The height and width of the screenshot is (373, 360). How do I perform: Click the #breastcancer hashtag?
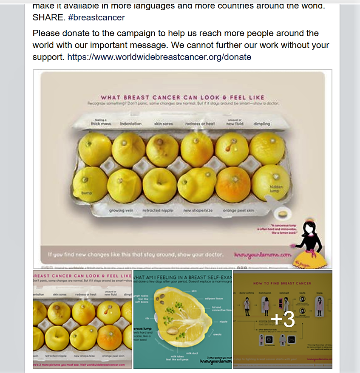click(96, 18)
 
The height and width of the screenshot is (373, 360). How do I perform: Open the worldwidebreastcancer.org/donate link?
click(159, 57)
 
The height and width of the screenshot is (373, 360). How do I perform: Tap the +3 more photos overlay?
click(283, 319)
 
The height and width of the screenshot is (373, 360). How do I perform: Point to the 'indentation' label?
click(130, 124)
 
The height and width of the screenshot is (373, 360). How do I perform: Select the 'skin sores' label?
click(164, 124)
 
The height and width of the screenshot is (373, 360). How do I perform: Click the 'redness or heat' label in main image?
click(200, 124)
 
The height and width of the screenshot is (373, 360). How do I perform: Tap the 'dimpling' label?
click(261, 124)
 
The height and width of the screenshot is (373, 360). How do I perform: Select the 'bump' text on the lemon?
click(87, 193)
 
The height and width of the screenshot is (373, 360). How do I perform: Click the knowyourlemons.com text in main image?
click(262, 255)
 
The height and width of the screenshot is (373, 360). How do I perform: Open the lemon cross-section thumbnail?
click(183, 319)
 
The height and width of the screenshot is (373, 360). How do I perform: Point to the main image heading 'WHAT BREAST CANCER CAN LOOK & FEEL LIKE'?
click(182, 97)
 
